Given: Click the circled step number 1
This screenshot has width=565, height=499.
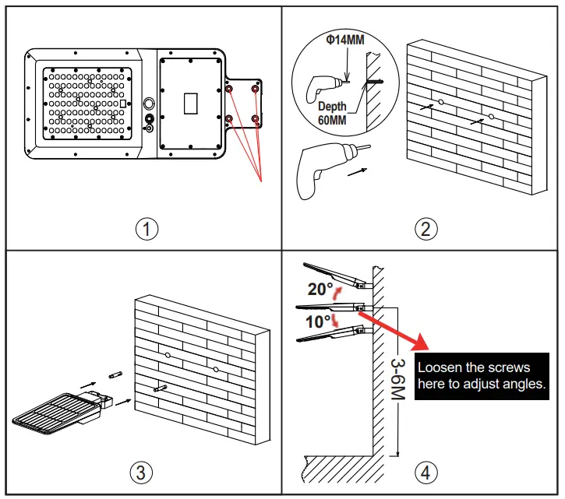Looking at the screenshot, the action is [x=147, y=229].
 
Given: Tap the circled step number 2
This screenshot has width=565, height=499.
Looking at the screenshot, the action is [x=426, y=229].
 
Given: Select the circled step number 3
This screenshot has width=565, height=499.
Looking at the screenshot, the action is [x=141, y=473].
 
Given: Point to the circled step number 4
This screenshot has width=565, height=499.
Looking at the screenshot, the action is [x=426, y=473].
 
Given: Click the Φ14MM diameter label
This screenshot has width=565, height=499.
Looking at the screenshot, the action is [x=345, y=40].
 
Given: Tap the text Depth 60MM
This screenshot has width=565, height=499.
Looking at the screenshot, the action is [x=332, y=113].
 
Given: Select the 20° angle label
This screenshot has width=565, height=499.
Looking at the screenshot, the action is [x=320, y=289].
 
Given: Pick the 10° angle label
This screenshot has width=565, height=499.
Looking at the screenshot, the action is [x=318, y=322].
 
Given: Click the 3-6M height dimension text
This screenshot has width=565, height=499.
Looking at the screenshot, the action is [x=398, y=379].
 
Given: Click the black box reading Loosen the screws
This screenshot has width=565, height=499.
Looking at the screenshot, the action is [x=482, y=376].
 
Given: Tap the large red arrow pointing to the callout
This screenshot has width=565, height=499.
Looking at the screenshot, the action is [x=394, y=331].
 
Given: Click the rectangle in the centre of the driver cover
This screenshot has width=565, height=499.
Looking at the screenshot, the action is [x=191, y=104].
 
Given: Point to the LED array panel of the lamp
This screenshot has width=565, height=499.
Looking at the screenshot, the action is [x=87, y=104].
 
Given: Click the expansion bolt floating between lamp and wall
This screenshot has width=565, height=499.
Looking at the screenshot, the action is [x=115, y=375].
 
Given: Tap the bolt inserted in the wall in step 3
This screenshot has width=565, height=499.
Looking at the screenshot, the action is [x=160, y=388].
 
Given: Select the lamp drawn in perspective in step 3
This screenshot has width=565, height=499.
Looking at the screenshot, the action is [x=62, y=413].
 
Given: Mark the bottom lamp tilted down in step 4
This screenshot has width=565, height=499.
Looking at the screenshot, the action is [x=334, y=334].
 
